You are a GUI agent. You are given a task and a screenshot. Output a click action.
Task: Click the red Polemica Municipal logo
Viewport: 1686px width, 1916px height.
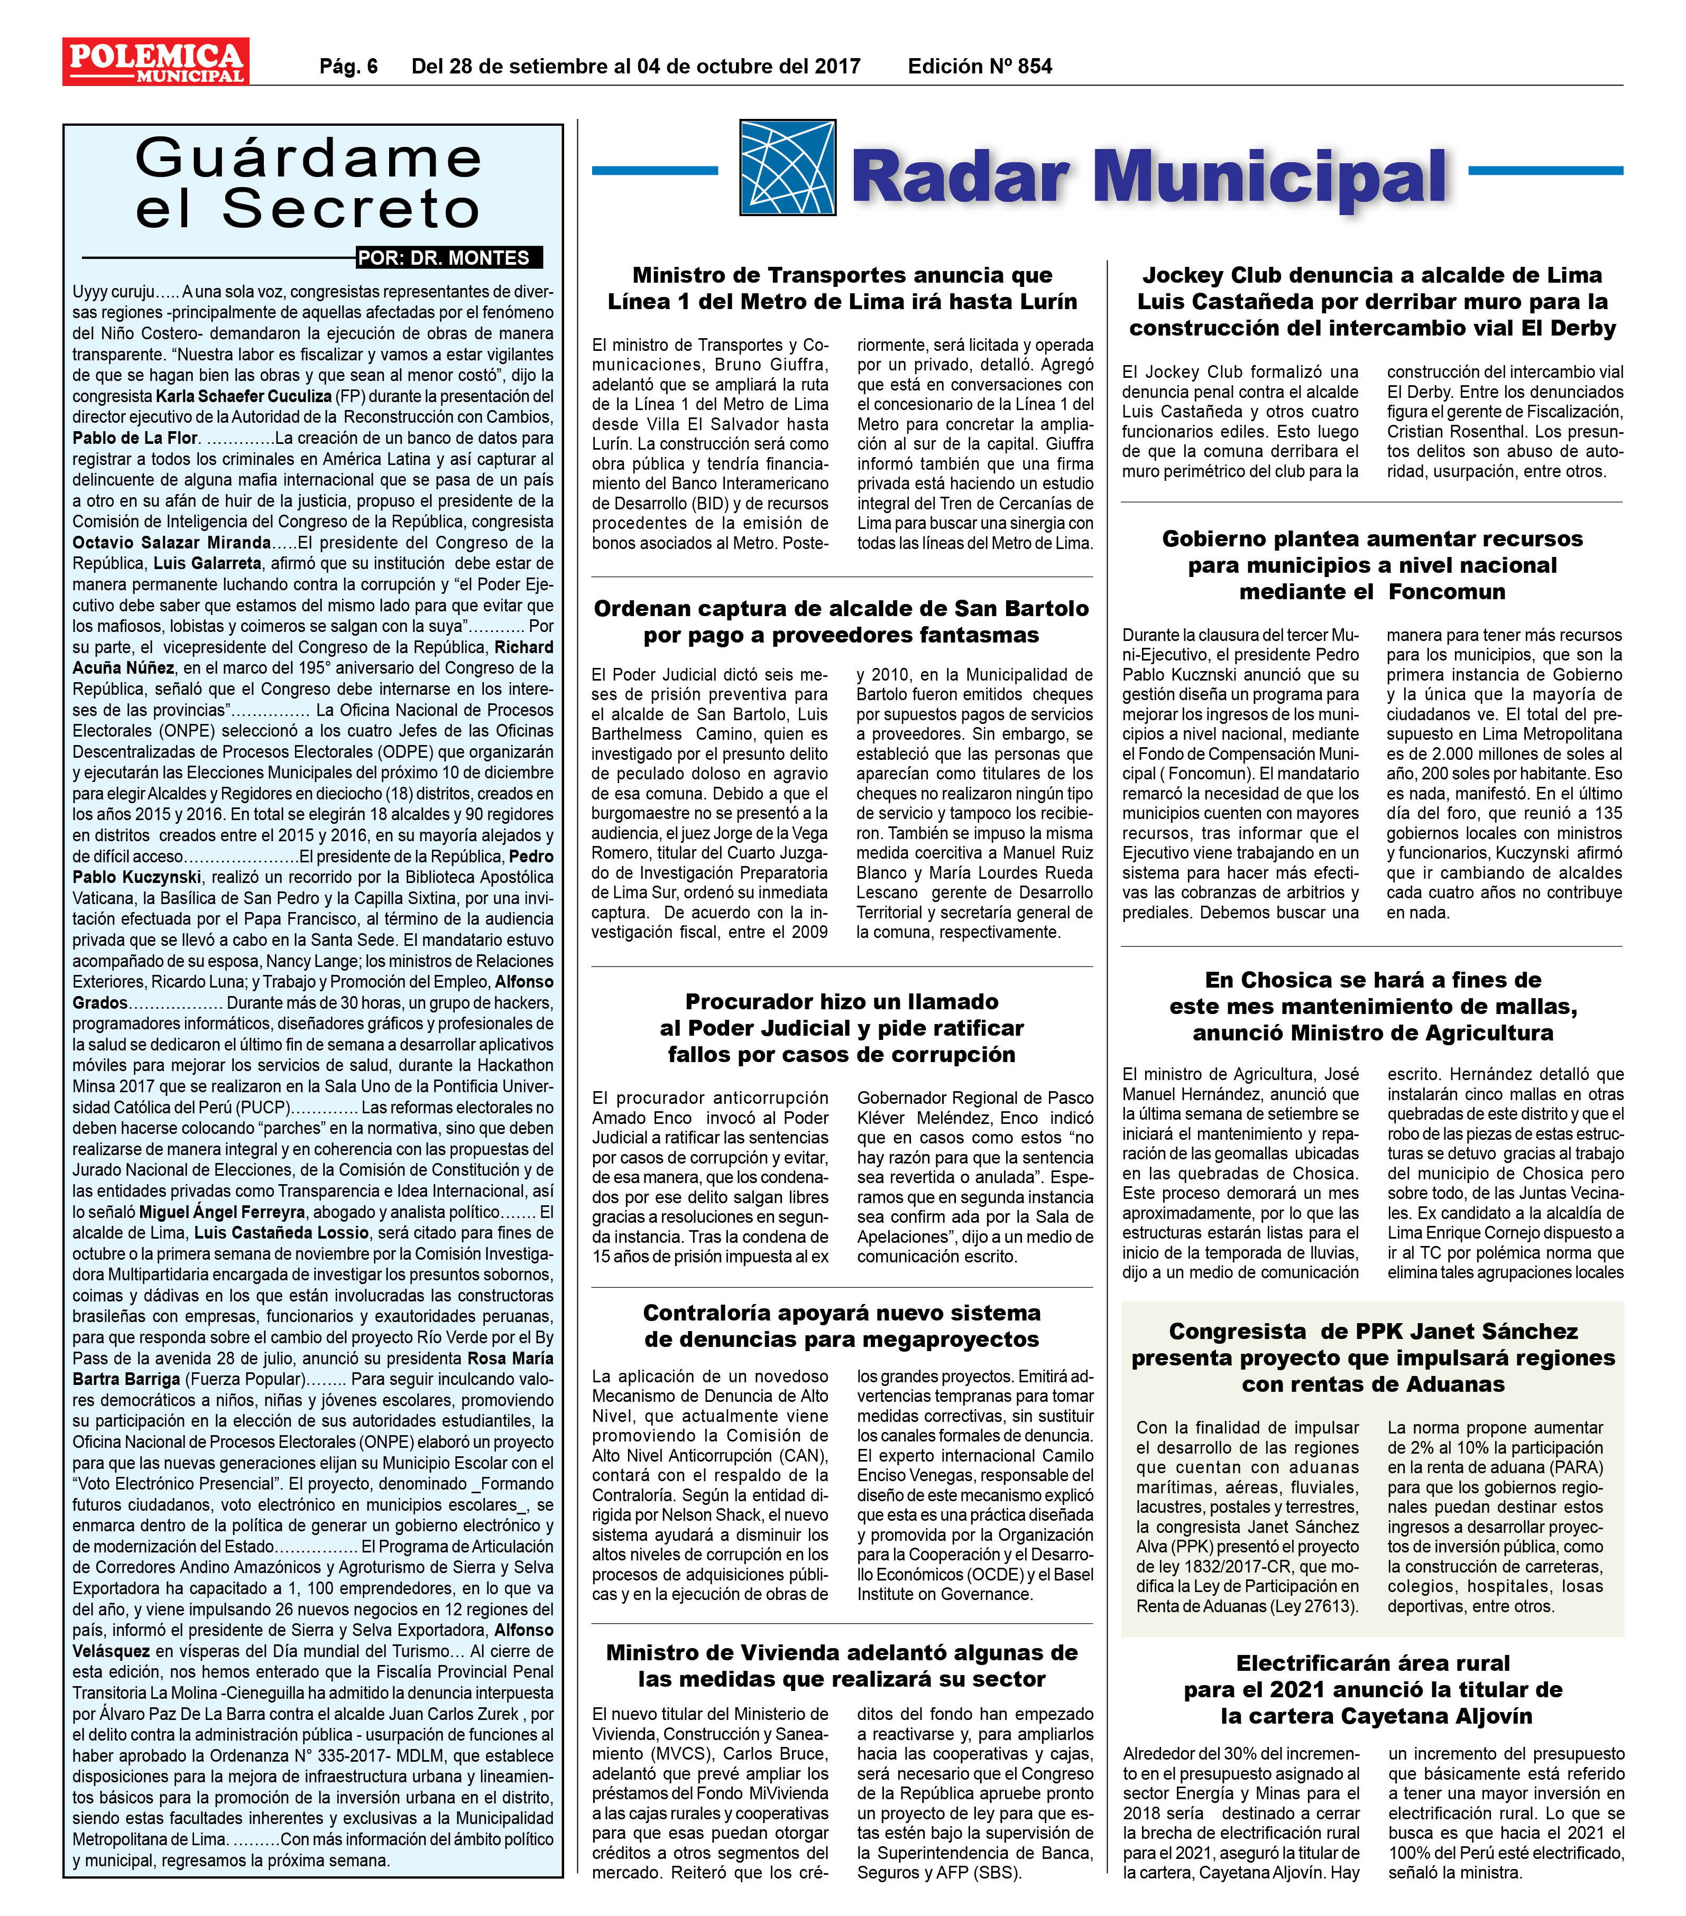155,62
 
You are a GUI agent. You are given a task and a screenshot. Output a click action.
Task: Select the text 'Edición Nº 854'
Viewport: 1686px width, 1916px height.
979,67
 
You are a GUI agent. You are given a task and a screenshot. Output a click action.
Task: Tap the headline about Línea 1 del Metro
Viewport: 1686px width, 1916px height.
842,289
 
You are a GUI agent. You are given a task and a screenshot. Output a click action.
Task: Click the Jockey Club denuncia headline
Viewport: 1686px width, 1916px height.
1373,302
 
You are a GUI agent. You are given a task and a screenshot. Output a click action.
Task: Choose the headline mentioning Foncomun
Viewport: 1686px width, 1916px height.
1373,565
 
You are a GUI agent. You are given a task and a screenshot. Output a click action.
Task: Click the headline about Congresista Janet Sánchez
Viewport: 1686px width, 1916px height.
1373,1358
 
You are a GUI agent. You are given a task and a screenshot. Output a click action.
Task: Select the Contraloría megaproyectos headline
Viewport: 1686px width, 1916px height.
842,1326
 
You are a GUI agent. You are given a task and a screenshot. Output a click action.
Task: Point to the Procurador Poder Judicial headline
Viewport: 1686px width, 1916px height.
842,1028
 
